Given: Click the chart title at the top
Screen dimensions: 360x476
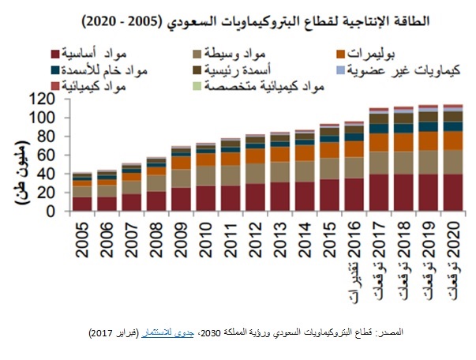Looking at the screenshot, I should point(238,19).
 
